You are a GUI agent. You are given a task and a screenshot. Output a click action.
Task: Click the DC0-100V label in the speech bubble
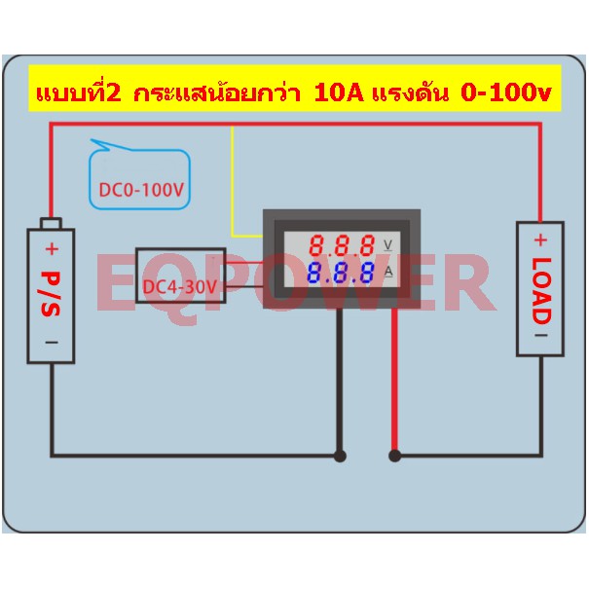pyautogui.click(x=141, y=190)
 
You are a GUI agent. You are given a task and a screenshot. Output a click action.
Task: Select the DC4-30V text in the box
pyautogui.click(x=180, y=287)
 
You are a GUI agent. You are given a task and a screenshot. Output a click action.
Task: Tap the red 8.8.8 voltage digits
pyautogui.click(x=342, y=245)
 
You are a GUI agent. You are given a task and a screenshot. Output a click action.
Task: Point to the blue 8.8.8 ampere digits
pyautogui.click(x=341, y=273)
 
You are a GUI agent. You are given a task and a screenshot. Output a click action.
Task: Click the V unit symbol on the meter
pyautogui.click(x=388, y=245)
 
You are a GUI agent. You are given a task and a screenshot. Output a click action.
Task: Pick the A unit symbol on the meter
pyautogui.click(x=388, y=272)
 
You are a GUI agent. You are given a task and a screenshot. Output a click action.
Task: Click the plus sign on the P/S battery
pyautogui.click(x=52, y=248)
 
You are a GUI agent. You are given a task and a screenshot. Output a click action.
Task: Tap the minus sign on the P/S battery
pyautogui.click(x=52, y=343)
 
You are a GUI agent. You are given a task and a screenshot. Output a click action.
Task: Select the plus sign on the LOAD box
pyautogui.click(x=540, y=239)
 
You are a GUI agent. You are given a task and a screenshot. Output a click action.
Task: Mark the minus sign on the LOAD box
pyautogui.click(x=541, y=335)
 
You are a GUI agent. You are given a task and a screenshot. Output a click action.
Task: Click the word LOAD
pyautogui.click(x=541, y=291)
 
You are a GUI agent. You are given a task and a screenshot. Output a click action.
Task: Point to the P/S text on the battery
pyautogui.click(x=51, y=294)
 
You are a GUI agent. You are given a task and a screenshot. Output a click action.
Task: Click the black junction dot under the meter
pyautogui.click(x=340, y=456)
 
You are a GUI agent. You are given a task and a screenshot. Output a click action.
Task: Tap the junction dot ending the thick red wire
pyautogui.click(x=394, y=456)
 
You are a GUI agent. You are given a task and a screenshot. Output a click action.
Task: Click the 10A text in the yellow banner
pyautogui.click(x=339, y=92)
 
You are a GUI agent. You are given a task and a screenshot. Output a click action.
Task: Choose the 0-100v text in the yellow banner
pyautogui.click(x=506, y=92)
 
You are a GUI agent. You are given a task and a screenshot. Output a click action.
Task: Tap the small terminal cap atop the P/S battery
pyautogui.click(x=51, y=224)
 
